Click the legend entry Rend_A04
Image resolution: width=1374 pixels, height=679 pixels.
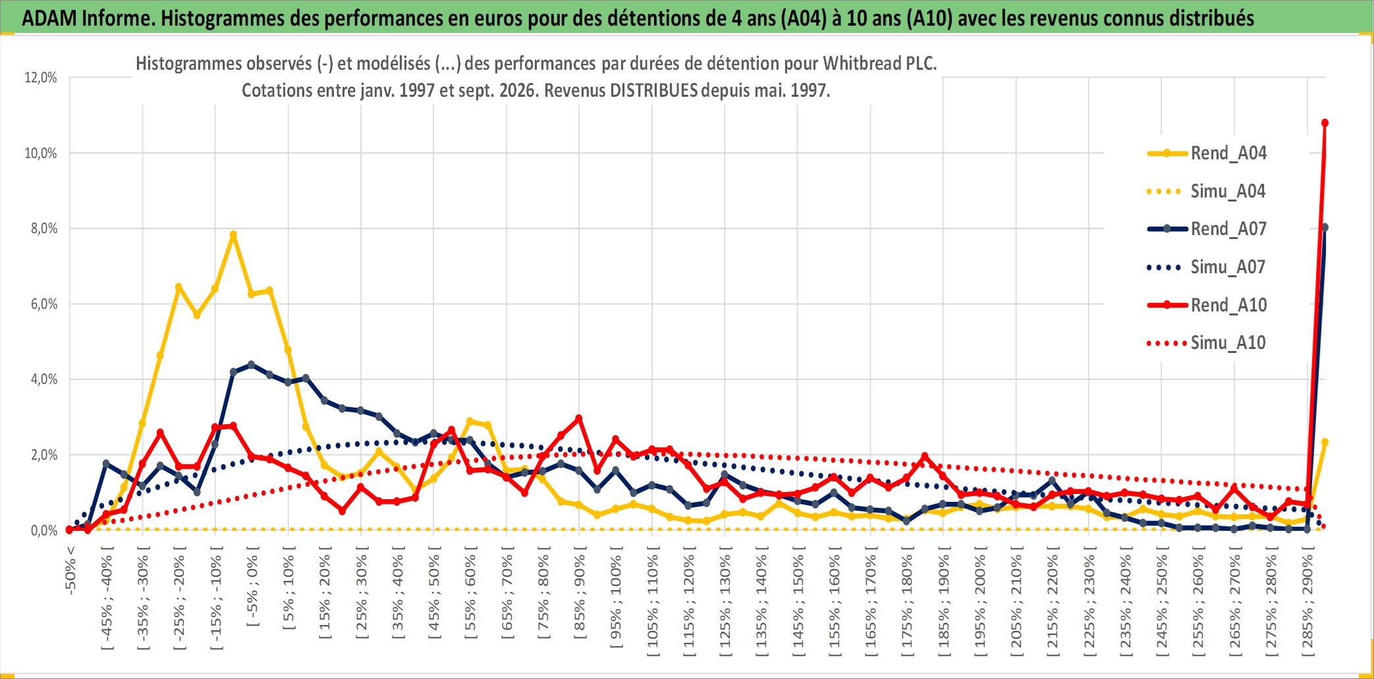[1207, 153]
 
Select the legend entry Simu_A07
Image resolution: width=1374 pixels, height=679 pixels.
[1207, 267]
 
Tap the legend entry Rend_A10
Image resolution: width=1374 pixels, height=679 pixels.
[1207, 305]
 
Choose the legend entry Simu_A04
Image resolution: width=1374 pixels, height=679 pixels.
[1207, 192]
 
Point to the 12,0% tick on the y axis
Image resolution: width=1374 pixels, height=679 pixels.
[41, 78]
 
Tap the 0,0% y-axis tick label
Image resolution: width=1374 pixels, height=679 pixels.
[43, 531]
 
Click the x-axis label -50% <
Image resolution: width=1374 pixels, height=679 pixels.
[70, 570]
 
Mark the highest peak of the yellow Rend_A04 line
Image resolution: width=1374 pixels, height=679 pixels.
[233, 234]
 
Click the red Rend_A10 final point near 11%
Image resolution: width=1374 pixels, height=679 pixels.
[1325, 123]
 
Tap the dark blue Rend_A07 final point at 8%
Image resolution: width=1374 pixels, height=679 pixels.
[1325, 228]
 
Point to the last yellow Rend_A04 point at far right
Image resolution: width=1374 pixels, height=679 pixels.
[1325, 443]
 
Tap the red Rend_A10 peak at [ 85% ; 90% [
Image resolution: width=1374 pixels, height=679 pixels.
[579, 418]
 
